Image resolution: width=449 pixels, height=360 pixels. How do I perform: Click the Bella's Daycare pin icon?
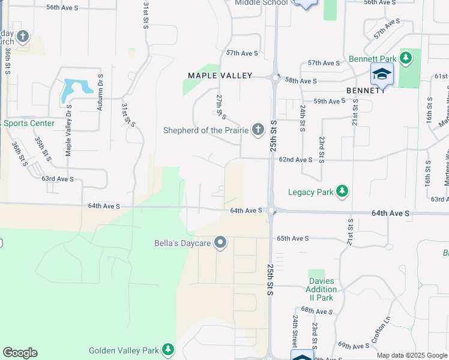click(220, 243)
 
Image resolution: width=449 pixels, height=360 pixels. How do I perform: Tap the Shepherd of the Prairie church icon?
click(258, 130)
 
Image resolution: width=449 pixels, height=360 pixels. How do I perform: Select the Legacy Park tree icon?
click(342, 192)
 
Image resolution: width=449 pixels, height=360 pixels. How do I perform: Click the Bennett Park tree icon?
click(406, 58)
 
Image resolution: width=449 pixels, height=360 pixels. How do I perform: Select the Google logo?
click(20, 353)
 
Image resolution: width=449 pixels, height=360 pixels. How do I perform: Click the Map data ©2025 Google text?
click(411, 355)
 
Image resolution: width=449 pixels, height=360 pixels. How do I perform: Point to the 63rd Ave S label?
click(57, 179)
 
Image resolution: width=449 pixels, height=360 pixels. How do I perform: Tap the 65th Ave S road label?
click(292, 238)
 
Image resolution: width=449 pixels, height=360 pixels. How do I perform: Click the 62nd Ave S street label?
click(295, 160)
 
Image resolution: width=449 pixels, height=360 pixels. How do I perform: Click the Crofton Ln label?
click(381, 329)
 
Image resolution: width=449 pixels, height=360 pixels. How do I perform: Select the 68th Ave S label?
click(316, 311)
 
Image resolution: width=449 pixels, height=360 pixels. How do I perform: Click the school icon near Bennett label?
click(382, 74)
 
